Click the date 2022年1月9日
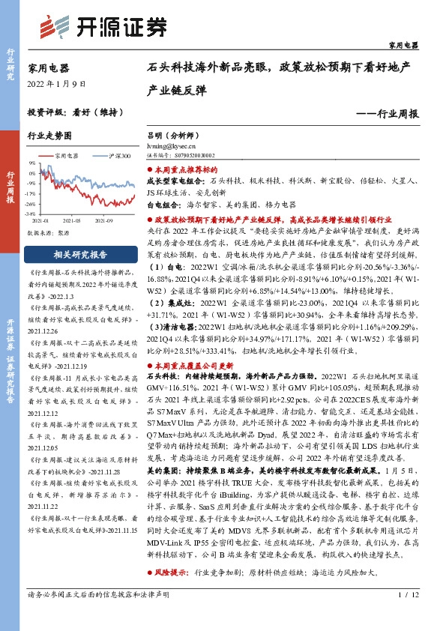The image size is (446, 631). pos(52,83)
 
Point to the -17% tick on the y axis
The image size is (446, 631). pos(31,193)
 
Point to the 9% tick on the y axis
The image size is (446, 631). pos(31,162)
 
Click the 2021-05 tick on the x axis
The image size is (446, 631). pos(72,221)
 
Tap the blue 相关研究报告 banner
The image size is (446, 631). pos(80,254)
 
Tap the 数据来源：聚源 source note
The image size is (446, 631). pos(47,233)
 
